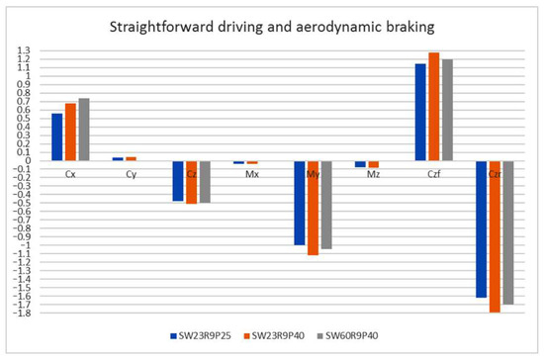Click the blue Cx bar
[x=57, y=136]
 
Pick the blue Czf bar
[x=421, y=112]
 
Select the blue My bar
[x=301, y=203]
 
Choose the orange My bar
[x=314, y=208]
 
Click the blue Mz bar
[x=360, y=164]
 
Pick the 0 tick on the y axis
[x=29, y=160]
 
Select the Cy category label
[x=131, y=174]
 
